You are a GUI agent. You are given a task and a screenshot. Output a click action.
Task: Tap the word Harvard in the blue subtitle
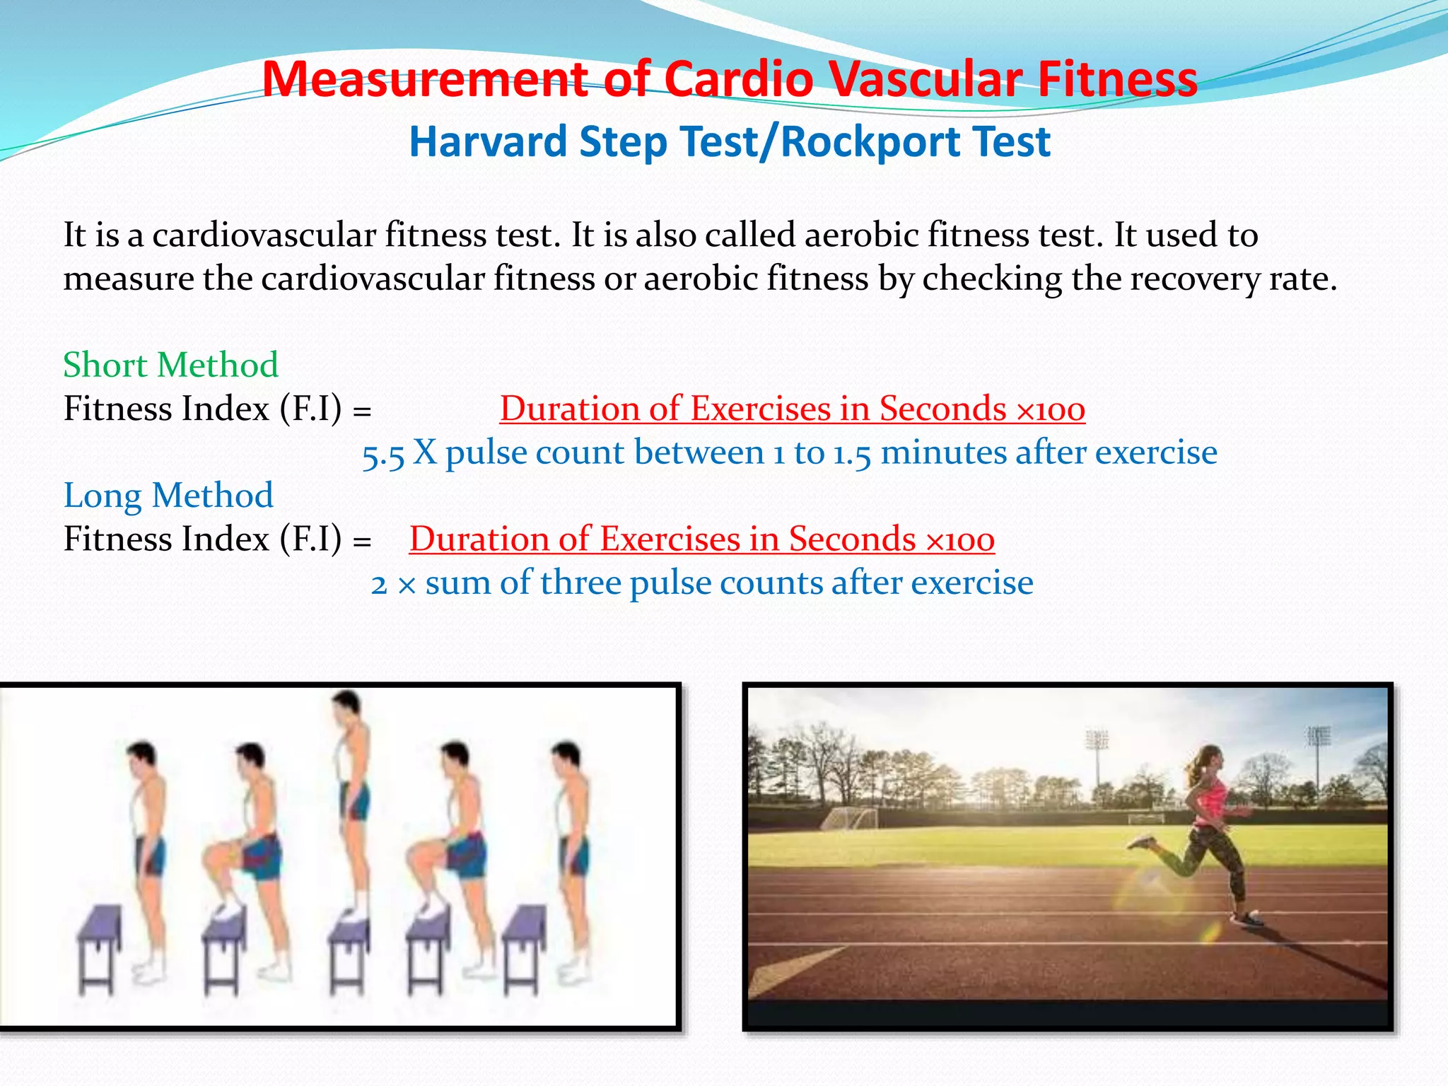[487, 141]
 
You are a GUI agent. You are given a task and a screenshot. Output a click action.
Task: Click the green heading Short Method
[170, 365]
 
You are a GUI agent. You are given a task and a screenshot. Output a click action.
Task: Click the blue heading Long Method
[168, 495]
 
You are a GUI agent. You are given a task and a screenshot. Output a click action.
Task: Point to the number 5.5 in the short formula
[383, 454]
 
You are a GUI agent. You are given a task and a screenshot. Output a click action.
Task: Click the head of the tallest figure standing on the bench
[346, 705]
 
